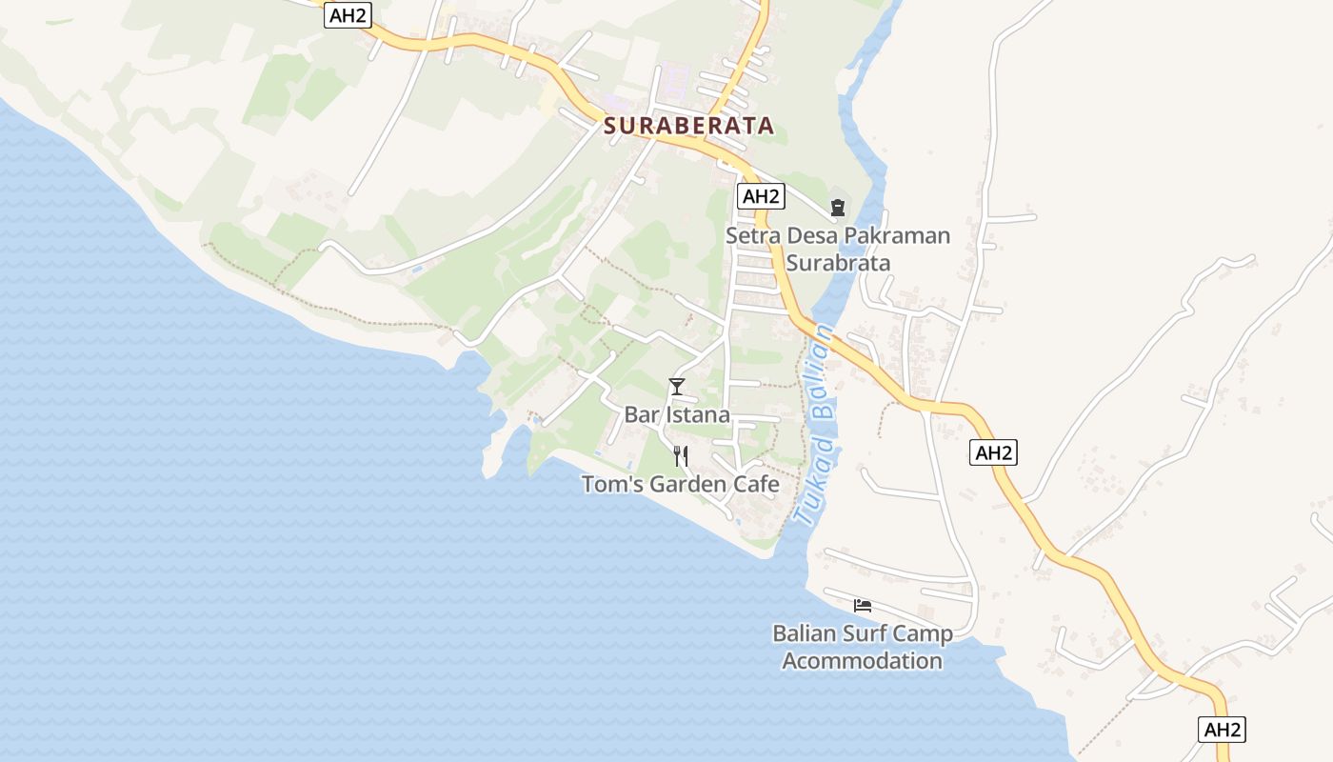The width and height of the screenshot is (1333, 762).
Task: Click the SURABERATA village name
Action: pos(687,126)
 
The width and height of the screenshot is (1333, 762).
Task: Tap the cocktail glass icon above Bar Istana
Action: pos(677,386)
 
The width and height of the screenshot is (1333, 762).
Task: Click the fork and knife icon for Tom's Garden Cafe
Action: pos(680,456)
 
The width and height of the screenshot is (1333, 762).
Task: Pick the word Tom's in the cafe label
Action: pos(611,485)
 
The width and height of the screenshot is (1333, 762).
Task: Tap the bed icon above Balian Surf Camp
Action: pos(863,605)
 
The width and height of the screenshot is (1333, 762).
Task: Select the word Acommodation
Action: pos(863,660)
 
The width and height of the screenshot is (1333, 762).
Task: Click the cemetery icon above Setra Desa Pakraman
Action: pos(838,207)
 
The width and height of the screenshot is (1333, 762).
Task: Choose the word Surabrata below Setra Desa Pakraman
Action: pos(838,263)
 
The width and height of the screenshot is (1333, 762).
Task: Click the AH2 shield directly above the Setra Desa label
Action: pos(761,196)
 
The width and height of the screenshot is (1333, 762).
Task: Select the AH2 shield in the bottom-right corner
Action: pos(1222,730)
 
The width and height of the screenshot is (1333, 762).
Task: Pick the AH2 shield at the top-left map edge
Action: pos(347,15)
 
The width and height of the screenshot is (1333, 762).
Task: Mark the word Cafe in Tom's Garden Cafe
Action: pos(757,485)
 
